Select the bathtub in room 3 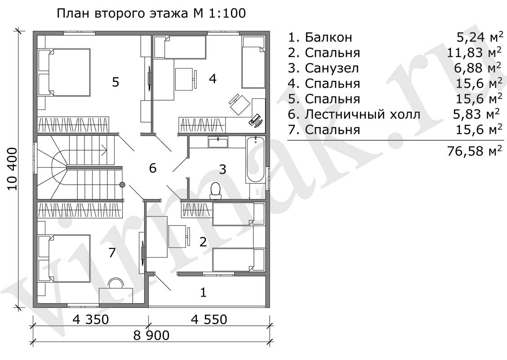coord(255,160)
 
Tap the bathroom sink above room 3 coord(218,142)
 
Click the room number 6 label coord(153,168)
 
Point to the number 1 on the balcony coord(203,293)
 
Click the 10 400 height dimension coord(13,169)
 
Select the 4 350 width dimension coord(91,320)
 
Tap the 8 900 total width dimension coord(151,335)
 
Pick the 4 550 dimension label coord(209,320)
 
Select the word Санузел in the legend coord(332,68)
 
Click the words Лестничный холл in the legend coord(362,115)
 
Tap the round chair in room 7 coord(116,283)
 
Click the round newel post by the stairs coord(122,184)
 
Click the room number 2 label coord(203,242)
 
